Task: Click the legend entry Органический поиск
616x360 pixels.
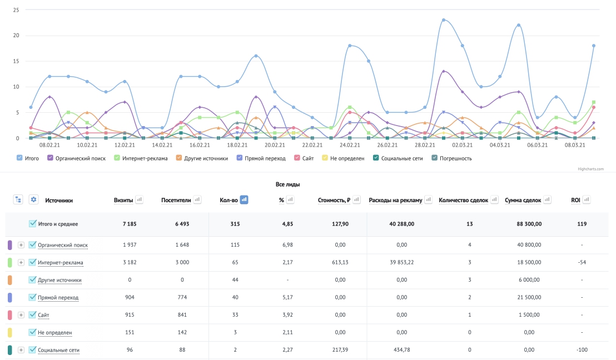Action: point(77,158)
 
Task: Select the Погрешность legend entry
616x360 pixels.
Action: point(451,158)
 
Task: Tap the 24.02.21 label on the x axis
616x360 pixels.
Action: point(350,145)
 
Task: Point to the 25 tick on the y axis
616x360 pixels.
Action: point(16,10)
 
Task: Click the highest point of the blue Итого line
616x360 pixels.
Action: point(444,20)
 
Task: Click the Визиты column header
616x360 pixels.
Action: point(123,200)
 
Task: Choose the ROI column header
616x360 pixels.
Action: point(575,200)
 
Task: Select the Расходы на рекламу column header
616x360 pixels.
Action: point(395,200)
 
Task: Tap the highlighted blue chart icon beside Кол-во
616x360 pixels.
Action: point(244,200)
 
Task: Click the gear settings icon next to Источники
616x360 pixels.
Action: point(34,199)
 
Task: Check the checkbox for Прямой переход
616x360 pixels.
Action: point(33,297)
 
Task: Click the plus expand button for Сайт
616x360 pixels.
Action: point(21,315)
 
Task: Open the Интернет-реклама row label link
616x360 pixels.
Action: point(61,263)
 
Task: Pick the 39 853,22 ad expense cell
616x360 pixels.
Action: point(401,262)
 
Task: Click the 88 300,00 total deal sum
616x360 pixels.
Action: point(529,224)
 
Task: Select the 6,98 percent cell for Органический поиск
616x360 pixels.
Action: point(287,244)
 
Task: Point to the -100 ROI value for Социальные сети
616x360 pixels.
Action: point(582,350)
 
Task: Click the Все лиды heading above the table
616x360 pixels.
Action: point(287,184)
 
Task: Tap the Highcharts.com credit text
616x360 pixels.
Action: point(590,169)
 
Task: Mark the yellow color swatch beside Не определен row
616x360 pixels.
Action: point(10,333)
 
